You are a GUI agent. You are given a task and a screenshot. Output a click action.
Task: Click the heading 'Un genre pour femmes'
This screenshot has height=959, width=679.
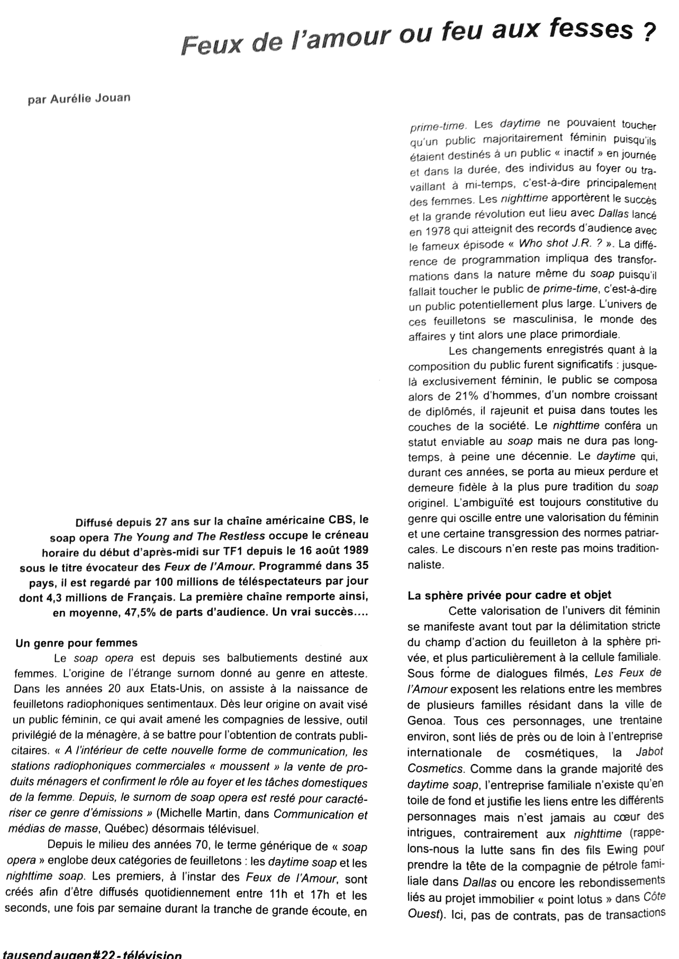pyautogui.click(x=77, y=643)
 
